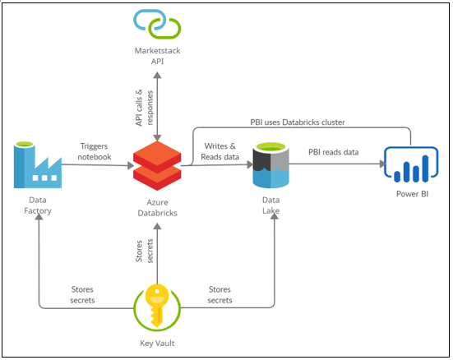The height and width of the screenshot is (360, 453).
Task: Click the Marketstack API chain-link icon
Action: tap(157, 23)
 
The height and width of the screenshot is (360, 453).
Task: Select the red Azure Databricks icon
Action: tap(157, 165)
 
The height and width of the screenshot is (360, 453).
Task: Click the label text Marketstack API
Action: tap(157, 55)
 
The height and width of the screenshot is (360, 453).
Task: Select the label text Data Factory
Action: tap(37, 205)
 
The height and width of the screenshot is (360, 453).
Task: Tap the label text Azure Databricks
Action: tap(157, 207)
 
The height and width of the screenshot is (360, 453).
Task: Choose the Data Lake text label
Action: tap(272, 205)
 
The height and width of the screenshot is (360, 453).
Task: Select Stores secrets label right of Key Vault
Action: tap(220, 294)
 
